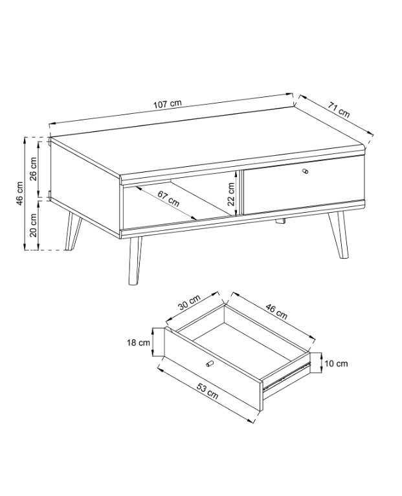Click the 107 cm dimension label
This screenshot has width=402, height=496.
pos(168,104)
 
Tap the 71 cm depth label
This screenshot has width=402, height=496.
pos(339,109)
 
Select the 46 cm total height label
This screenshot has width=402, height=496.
pos(19,193)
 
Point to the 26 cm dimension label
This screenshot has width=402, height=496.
pos(33,168)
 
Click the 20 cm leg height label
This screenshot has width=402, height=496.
pos(33,225)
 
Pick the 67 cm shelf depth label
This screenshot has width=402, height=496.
pos(168,199)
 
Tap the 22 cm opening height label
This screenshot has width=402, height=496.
pos(231,194)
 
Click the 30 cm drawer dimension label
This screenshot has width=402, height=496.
pos(189,302)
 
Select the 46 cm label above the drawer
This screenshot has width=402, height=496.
pos(276,311)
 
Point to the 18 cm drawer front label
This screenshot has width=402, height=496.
pos(139,343)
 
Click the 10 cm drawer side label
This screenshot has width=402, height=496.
pos(336,363)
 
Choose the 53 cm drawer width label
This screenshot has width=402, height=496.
pos(208,391)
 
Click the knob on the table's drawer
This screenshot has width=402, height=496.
pos(306,171)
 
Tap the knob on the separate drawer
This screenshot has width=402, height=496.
pos(210,364)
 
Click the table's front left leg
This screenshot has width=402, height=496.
pos(134,261)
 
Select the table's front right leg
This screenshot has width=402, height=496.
pos(339,234)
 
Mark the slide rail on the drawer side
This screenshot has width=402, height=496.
pos(287,376)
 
